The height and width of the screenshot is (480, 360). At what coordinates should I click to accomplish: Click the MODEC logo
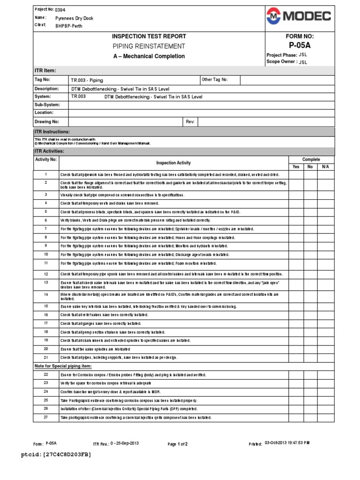(x=299, y=17)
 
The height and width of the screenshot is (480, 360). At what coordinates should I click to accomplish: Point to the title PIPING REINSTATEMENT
(x=148, y=46)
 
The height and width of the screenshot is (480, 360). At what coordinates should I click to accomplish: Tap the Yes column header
(x=295, y=166)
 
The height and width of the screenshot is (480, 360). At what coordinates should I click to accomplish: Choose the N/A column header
(x=326, y=166)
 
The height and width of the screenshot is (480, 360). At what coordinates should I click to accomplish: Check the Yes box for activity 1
(x=295, y=174)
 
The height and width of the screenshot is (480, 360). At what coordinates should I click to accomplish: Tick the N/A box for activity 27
(x=326, y=417)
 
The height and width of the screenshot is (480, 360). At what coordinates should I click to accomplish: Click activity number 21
(x=46, y=358)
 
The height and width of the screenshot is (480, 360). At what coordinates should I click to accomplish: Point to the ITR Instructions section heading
(x=52, y=132)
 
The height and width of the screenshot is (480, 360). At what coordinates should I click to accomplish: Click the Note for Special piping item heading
(x=64, y=366)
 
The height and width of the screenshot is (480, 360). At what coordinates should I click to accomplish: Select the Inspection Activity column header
(x=173, y=163)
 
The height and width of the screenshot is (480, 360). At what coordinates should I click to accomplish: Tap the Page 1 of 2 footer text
(x=178, y=444)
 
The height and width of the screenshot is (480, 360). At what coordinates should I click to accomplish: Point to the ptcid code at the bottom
(x=57, y=455)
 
